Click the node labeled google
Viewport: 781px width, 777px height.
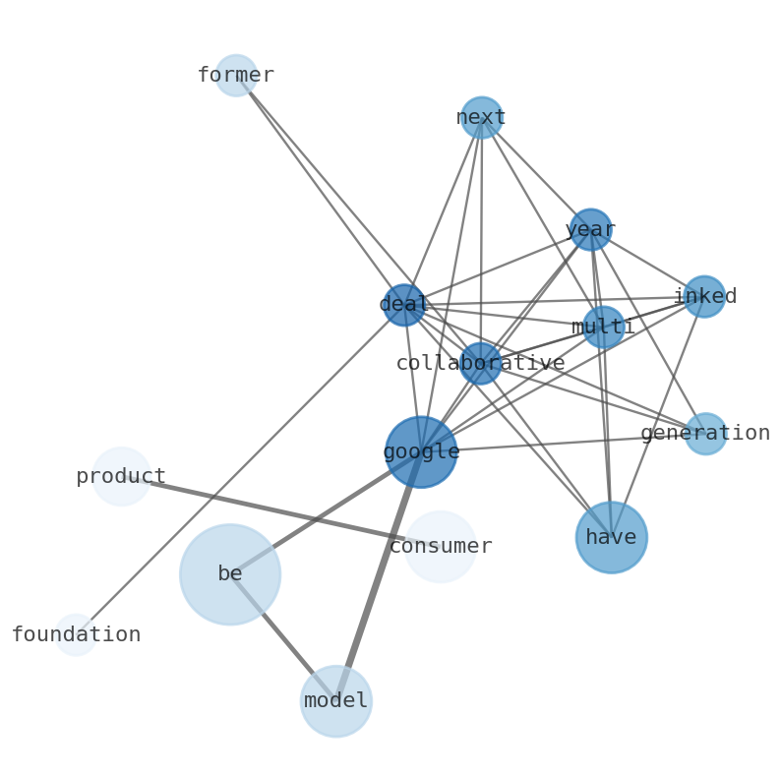421,452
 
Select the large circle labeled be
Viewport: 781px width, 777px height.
230,574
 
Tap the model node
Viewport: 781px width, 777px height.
336,701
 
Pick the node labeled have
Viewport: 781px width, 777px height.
612,537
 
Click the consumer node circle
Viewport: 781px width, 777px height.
441,547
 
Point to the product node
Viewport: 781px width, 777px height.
121,477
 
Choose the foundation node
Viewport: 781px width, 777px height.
76,634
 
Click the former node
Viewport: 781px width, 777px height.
236,76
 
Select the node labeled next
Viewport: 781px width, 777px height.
482,118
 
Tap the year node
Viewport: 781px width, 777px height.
590,230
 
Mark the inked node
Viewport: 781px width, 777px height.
704,297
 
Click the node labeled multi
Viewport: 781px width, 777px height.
603,328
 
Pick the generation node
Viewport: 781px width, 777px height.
705,434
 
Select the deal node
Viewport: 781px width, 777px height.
403,305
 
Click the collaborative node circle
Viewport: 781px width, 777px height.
480,364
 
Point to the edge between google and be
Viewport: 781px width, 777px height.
325,513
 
